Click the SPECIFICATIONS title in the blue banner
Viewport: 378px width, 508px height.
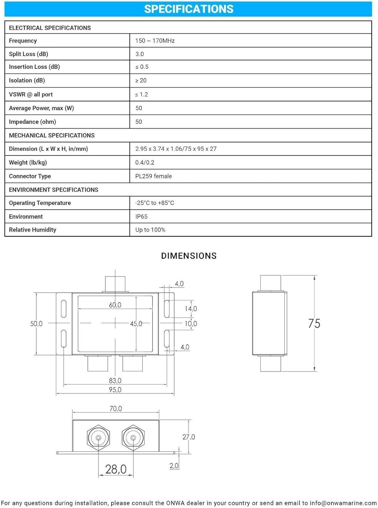(x=189, y=9)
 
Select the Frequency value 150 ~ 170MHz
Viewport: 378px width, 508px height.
(x=155, y=41)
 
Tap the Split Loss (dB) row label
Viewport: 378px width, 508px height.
(x=28, y=54)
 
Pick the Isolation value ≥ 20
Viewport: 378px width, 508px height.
(x=141, y=81)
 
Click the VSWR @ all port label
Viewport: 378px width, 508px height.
(x=31, y=94)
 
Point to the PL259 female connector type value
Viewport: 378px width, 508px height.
(x=153, y=176)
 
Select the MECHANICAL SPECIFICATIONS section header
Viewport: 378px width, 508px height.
(x=52, y=135)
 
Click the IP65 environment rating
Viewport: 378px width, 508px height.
(x=141, y=216)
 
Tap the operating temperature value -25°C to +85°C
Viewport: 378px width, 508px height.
(x=155, y=203)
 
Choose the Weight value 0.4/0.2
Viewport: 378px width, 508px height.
(x=145, y=163)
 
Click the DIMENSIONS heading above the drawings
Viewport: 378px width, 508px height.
(x=189, y=256)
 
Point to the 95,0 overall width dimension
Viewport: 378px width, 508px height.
(x=115, y=390)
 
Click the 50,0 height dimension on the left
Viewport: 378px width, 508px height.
(x=36, y=324)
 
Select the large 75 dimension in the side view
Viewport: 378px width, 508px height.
(x=314, y=323)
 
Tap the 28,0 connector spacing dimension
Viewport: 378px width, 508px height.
(x=116, y=469)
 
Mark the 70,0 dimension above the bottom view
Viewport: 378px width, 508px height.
(x=116, y=409)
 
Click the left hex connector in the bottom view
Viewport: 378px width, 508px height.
(x=98, y=438)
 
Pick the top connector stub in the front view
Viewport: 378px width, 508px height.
(x=115, y=284)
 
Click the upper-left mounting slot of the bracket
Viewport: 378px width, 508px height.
(x=64, y=309)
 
